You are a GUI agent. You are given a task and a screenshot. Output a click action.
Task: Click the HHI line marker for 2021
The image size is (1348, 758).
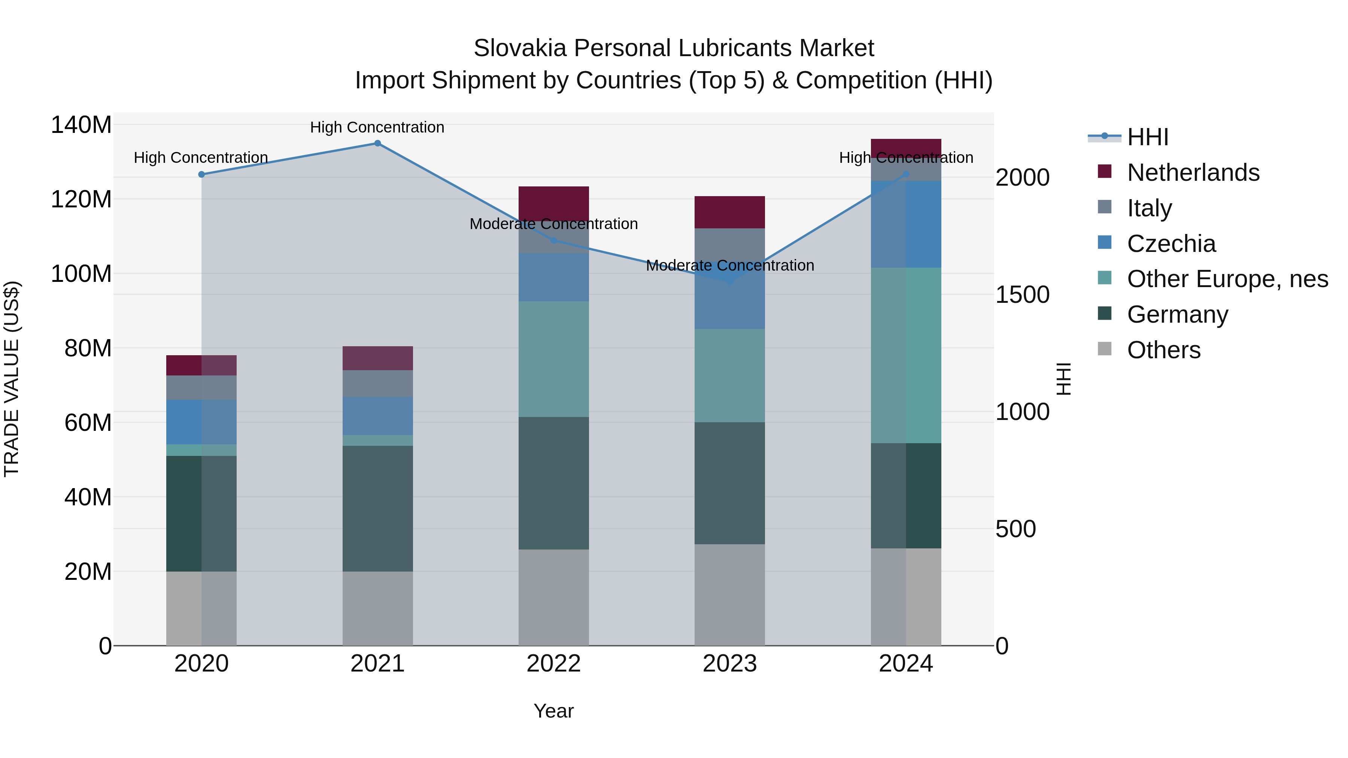[x=377, y=143]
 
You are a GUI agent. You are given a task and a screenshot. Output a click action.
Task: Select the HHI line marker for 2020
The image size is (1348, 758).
[x=201, y=174]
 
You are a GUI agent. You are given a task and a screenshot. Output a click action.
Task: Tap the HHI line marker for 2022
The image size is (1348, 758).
[x=554, y=240]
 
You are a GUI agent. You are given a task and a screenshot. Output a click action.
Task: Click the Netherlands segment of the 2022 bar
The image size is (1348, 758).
[x=554, y=203]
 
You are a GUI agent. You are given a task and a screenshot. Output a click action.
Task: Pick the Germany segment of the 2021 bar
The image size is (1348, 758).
[x=377, y=508]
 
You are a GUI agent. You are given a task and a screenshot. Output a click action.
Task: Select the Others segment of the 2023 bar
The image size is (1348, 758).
[x=729, y=595]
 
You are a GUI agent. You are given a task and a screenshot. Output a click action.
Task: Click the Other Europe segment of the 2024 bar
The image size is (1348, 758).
[x=906, y=355]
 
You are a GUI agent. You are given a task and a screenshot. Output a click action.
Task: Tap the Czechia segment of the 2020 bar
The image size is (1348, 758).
[x=201, y=422]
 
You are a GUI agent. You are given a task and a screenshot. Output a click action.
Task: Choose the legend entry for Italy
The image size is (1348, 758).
[x=1149, y=208]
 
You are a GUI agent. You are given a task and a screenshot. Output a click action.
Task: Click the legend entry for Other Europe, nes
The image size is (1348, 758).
[x=1227, y=279]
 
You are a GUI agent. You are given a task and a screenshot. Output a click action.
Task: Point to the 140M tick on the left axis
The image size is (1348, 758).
[x=81, y=125]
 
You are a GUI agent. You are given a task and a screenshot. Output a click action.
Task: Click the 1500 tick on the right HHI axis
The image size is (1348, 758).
[x=1022, y=295]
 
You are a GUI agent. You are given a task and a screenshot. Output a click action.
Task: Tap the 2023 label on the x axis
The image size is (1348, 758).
[x=729, y=664]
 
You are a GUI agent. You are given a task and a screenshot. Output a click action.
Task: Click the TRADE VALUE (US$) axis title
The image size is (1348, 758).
[x=12, y=379]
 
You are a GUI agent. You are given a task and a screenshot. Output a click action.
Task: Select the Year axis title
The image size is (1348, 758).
[x=554, y=711]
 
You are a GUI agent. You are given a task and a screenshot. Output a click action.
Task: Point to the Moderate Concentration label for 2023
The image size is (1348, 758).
[x=729, y=265]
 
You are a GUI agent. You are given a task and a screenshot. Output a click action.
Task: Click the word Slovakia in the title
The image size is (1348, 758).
[x=520, y=48]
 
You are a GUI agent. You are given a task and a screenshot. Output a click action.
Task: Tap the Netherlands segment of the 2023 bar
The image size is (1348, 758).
[x=729, y=212]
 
